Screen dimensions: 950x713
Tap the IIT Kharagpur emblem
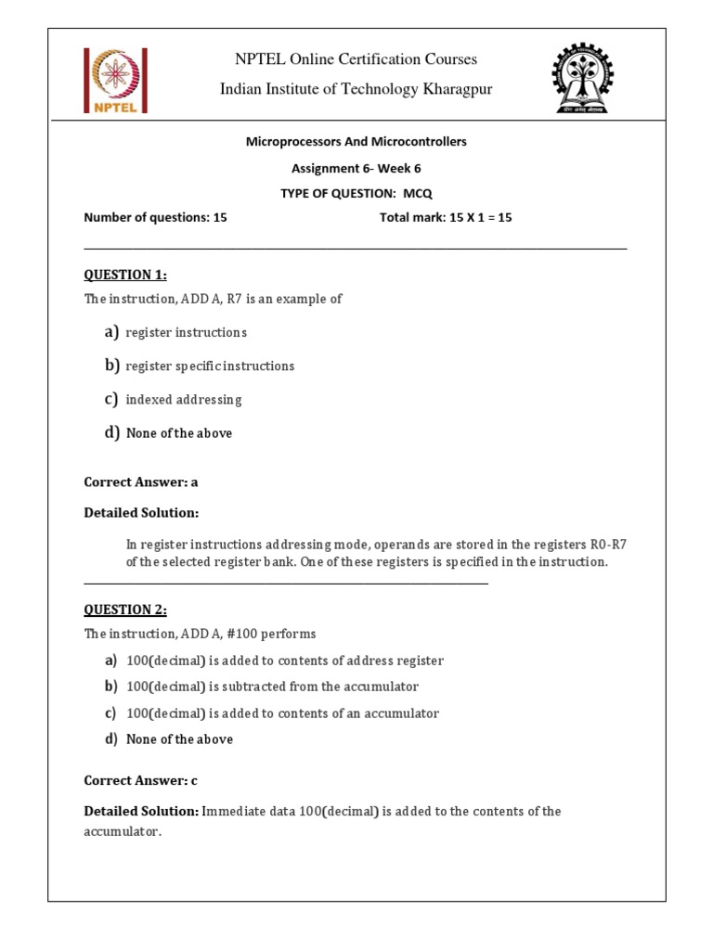coord(581,78)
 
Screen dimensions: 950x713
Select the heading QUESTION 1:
coord(125,275)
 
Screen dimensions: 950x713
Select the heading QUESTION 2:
coord(125,610)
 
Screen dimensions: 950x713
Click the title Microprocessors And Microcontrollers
coord(356,142)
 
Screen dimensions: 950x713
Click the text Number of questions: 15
coord(155,218)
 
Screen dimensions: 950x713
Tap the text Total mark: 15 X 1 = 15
coord(446,218)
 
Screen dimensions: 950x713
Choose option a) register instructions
coord(186,332)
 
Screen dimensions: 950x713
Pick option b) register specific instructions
coord(210,366)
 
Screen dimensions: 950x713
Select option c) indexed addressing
coord(183,400)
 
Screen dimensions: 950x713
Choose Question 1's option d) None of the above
coord(178,433)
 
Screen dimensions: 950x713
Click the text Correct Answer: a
coord(141,482)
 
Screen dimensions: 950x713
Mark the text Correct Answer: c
coord(140,781)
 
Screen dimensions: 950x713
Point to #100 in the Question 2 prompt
coord(234,635)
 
